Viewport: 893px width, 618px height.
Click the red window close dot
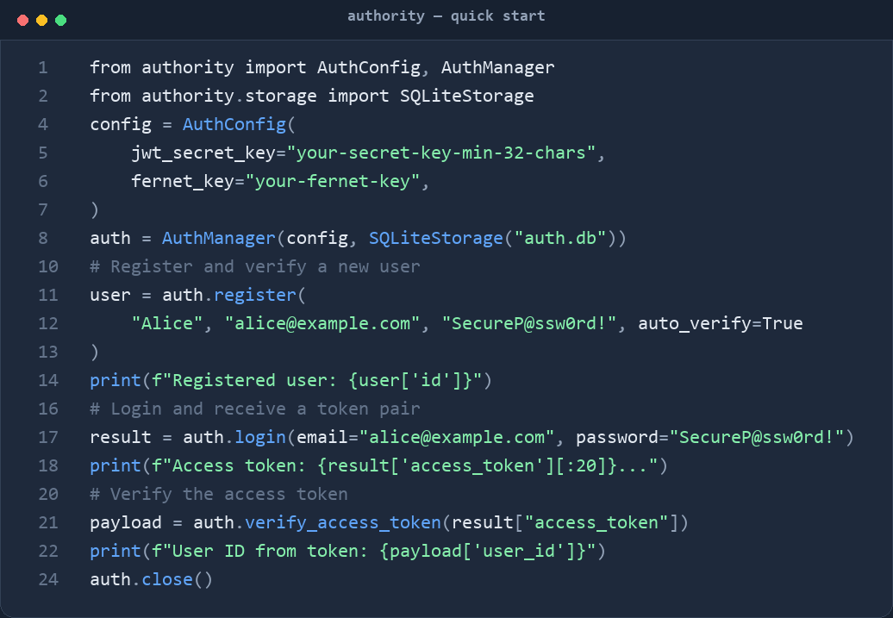pos(22,21)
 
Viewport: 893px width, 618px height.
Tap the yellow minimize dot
pos(41,21)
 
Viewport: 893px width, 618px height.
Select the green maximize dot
pos(61,21)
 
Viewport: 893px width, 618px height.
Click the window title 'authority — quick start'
pos(446,16)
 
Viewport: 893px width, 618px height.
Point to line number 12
pos(48,323)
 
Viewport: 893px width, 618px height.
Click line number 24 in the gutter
pos(48,580)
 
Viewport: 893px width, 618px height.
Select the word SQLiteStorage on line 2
pos(467,96)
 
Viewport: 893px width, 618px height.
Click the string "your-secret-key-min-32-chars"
pos(441,153)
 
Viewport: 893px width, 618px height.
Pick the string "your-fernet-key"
pos(333,181)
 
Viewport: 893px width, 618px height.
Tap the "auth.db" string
pos(559,238)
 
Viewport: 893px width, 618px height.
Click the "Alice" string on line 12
pos(167,323)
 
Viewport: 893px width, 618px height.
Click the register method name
pos(255,295)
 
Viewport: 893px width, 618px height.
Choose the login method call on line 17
pos(260,438)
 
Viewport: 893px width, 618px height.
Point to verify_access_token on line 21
pos(343,523)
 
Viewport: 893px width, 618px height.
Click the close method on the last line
pos(167,580)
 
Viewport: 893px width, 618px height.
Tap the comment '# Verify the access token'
pos(219,495)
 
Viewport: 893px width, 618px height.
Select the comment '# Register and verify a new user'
pos(255,266)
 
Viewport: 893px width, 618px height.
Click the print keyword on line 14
pos(115,380)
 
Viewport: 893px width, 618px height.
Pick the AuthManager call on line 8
pos(219,238)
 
